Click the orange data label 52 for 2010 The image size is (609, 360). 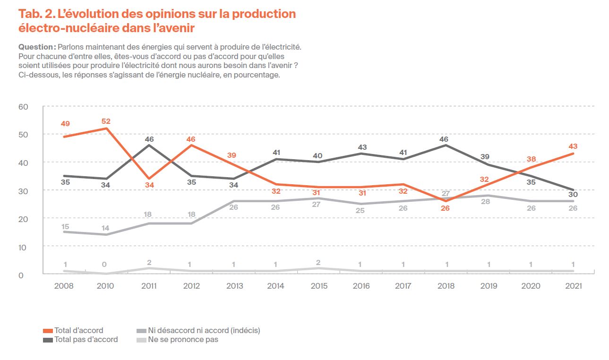click(x=106, y=121)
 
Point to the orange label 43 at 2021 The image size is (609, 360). click(x=573, y=146)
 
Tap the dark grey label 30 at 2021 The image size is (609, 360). click(x=573, y=195)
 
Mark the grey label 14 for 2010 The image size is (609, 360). click(x=106, y=228)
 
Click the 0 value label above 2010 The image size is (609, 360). click(x=104, y=265)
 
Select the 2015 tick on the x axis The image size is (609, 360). click(x=320, y=286)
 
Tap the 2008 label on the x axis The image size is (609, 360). click(x=64, y=286)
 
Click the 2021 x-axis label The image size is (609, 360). click(x=573, y=286)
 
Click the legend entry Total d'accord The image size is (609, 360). click(x=78, y=330)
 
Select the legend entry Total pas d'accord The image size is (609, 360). click(x=86, y=339)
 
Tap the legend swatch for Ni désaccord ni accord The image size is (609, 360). click(x=141, y=331)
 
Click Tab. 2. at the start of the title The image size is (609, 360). click(x=39, y=14)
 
